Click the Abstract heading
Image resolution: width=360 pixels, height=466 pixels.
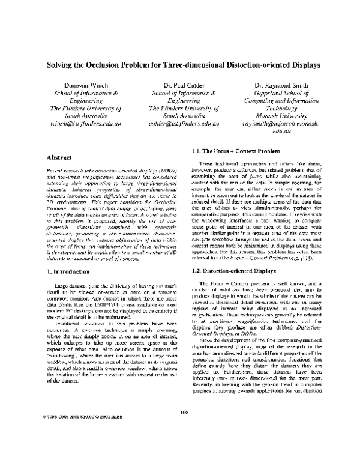(60, 157)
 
